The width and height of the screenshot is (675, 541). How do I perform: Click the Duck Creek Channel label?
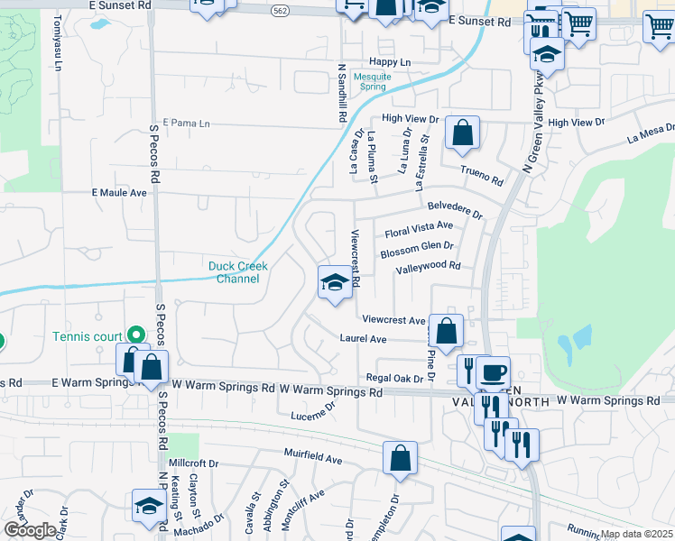pos(234,271)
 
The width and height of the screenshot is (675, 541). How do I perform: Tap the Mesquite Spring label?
pos(372,83)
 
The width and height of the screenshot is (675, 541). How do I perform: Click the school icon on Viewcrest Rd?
pos(335,283)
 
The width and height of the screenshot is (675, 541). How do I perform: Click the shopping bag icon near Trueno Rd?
pos(462,133)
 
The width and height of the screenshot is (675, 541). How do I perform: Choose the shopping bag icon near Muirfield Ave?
pos(400,458)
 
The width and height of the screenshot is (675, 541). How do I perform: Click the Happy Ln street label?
pos(389,62)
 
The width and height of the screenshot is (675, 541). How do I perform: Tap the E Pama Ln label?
pos(185,123)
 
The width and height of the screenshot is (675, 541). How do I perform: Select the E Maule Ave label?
pos(119,193)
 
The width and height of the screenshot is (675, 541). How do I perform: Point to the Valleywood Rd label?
pos(428,267)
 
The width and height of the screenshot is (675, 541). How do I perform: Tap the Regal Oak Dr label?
pos(394,378)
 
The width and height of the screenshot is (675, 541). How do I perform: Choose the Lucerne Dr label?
pos(312,414)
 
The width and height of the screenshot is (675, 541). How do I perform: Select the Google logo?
pos(29,530)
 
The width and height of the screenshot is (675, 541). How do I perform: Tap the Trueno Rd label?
pos(482,175)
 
